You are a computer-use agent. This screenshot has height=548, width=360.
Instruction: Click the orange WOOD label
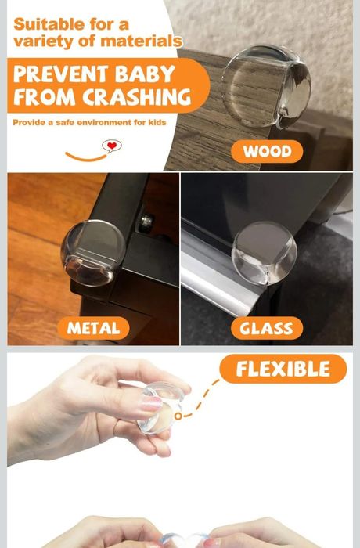click(x=267, y=151)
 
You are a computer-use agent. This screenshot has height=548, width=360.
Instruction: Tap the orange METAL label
click(x=93, y=328)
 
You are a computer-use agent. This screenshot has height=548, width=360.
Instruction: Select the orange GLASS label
click(x=267, y=328)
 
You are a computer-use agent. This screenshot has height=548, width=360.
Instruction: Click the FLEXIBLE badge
click(x=283, y=369)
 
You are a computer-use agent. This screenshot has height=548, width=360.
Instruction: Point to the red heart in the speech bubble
click(x=112, y=146)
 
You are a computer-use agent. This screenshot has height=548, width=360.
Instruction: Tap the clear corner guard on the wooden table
click(x=266, y=86)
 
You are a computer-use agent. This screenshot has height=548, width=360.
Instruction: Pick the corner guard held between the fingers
click(x=160, y=408)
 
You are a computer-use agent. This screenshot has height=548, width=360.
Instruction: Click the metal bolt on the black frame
click(x=147, y=221)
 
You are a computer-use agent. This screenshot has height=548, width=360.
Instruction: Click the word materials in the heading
click(x=141, y=41)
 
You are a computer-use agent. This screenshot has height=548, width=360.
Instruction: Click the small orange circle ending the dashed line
click(x=178, y=416)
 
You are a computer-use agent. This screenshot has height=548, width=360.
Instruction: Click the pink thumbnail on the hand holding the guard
click(x=151, y=404)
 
